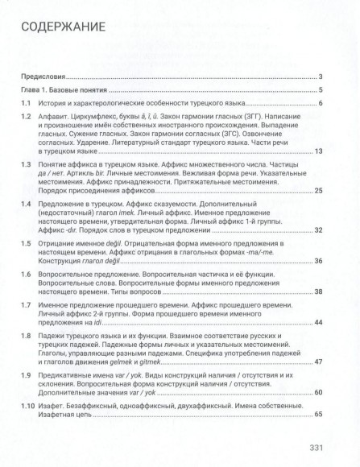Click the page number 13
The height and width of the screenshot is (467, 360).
318,151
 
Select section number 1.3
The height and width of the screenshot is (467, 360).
26,164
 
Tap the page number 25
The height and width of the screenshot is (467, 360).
318,190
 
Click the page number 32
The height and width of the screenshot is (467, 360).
318,231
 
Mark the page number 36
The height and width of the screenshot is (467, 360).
318,262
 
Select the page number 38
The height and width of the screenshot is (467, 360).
318,291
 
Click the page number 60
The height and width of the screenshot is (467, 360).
318,392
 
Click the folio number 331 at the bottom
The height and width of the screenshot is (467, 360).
317,448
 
